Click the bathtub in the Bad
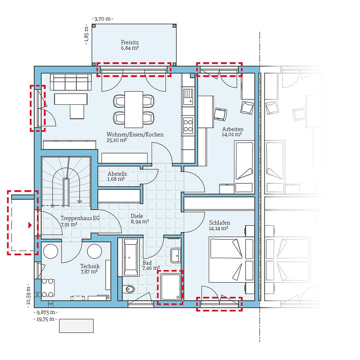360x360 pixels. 130,256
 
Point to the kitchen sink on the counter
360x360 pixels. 188,96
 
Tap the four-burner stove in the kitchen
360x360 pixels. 188,125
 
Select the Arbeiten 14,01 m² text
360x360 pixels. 232,132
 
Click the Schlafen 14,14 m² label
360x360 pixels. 219,225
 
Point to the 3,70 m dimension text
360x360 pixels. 103,18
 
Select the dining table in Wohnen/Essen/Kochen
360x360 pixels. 134,109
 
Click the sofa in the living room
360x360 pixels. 70,82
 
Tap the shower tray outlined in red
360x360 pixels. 170,287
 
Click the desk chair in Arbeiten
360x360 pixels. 220,114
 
